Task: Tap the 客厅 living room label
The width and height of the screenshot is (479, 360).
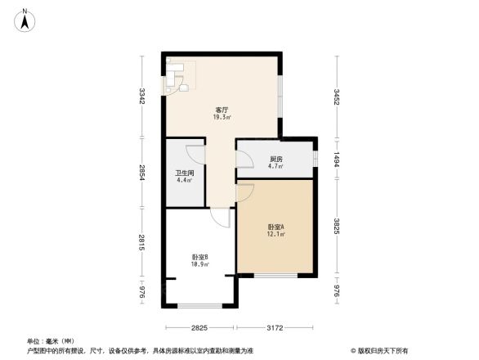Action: [x=222, y=109]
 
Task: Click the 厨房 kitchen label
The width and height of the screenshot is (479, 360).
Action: [x=276, y=159]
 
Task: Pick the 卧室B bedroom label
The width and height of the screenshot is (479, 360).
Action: [x=199, y=256]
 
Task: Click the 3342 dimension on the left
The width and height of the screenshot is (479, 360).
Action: [x=142, y=97]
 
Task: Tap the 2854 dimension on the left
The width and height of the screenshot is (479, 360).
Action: [x=142, y=173]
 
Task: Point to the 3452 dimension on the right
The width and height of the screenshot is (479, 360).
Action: [x=336, y=98]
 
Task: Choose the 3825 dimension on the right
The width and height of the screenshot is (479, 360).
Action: [x=336, y=227]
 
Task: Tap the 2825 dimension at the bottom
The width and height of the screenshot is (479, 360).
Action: [x=199, y=328]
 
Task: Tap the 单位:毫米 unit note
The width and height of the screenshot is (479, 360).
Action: [x=51, y=340]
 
